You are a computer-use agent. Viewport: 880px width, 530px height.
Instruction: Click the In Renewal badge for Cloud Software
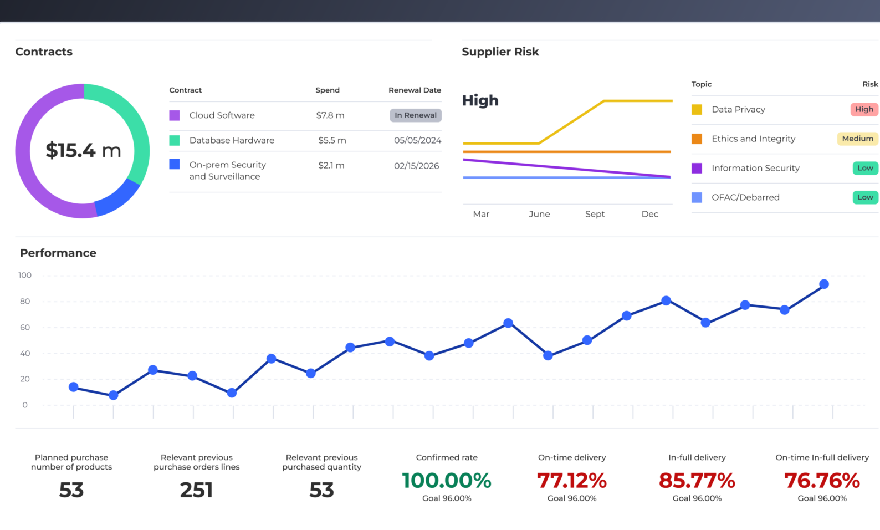click(x=415, y=115)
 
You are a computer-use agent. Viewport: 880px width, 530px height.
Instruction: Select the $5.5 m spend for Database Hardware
click(x=332, y=140)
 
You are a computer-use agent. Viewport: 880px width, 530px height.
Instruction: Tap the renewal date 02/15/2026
click(x=416, y=166)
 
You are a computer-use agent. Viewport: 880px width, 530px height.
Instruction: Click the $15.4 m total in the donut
click(x=83, y=150)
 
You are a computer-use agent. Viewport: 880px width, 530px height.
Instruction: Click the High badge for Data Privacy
click(x=864, y=109)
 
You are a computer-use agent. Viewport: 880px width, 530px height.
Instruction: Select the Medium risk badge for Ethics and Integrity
click(x=857, y=139)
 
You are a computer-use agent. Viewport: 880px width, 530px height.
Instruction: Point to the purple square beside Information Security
click(x=697, y=168)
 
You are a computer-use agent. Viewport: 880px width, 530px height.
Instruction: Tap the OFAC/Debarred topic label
click(x=745, y=197)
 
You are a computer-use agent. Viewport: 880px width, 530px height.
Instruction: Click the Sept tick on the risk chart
click(x=595, y=214)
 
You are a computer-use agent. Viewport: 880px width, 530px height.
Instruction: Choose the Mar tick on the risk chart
click(x=481, y=214)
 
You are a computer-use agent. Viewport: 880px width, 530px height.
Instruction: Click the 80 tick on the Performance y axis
click(x=25, y=302)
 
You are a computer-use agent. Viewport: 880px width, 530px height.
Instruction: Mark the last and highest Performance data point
click(x=823, y=284)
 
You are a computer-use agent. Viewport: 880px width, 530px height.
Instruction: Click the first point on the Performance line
click(x=74, y=387)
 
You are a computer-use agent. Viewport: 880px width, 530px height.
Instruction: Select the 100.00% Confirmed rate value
click(x=447, y=481)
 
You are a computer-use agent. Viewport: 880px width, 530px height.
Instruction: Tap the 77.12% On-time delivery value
click(x=572, y=481)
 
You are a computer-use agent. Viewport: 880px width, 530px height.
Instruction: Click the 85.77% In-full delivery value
click(x=697, y=481)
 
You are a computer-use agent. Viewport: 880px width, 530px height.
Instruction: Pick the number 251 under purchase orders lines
click(x=196, y=490)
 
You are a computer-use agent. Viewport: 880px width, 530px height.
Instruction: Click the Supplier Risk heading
click(x=500, y=52)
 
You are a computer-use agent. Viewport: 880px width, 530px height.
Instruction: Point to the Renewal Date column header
click(x=415, y=90)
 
